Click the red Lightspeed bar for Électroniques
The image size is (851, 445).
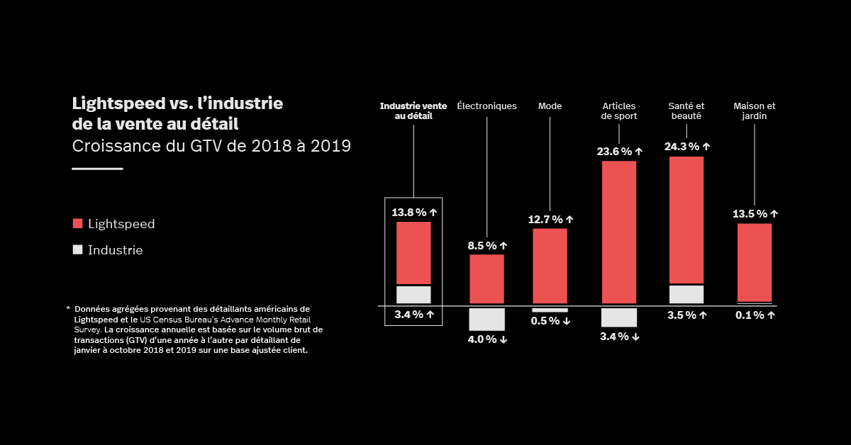[x=486, y=278]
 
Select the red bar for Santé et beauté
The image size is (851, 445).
[x=686, y=220]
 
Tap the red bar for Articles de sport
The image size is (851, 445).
[x=619, y=232]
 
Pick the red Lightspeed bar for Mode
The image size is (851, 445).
[x=550, y=266]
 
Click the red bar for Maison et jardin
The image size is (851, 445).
[x=755, y=262]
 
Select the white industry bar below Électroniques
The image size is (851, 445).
[x=486, y=319]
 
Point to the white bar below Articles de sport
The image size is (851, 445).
[x=619, y=317]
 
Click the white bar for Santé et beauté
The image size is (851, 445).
[x=686, y=294]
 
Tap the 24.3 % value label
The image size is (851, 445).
[x=686, y=147]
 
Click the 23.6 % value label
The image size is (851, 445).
[x=619, y=151]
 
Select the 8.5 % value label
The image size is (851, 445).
[x=487, y=246]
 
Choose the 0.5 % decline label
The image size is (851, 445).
[x=550, y=321]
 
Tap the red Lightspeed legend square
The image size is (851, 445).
[x=78, y=224]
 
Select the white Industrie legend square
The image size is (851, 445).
[x=78, y=249]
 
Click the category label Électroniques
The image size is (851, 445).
[x=486, y=106]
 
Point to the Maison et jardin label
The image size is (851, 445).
[x=755, y=111]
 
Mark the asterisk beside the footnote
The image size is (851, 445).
[x=68, y=308]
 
